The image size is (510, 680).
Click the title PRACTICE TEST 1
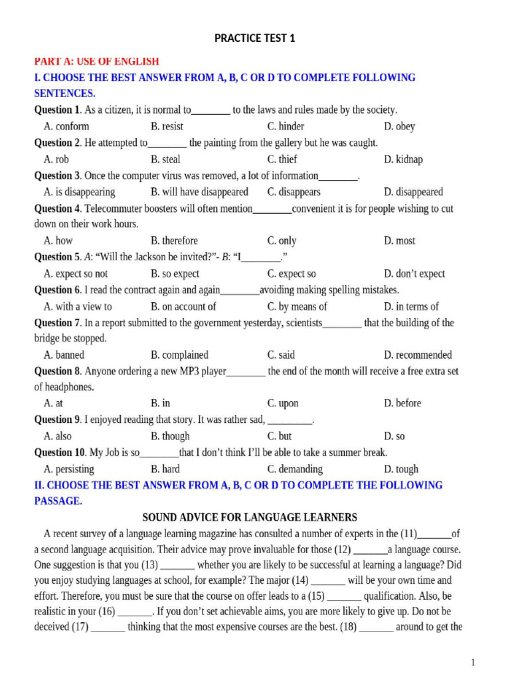coord(255,39)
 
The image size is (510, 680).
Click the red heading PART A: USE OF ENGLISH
coord(97,61)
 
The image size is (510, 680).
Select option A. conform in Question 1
coord(66,126)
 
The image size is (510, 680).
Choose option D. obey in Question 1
coord(399,126)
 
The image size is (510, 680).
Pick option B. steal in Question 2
coord(165,159)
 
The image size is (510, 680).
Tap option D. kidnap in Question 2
coord(403,159)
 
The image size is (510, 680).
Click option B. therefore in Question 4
coord(174,240)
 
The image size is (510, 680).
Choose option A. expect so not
coord(76,274)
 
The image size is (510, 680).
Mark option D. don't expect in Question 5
coord(414,274)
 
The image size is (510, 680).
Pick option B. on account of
coord(183,306)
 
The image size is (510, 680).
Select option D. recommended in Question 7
coord(418,355)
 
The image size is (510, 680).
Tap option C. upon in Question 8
coord(283,403)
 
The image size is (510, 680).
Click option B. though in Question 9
coord(170,436)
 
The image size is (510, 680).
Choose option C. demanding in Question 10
coord(295,469)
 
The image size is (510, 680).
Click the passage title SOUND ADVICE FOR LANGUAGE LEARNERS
coord(250,517)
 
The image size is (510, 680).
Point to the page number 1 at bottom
coord(473,662)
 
